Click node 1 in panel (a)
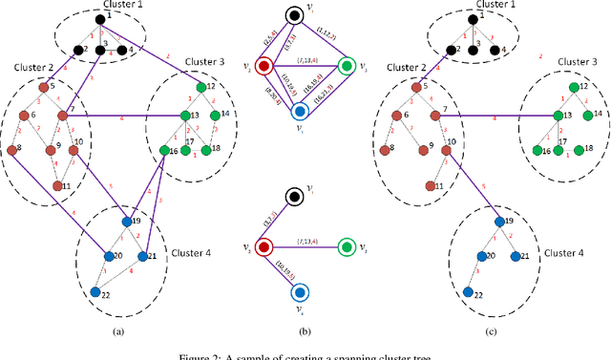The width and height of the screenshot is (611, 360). coord(100,17)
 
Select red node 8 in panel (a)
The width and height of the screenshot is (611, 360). coord(12,149)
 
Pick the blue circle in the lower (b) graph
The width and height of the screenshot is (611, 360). coord(300,292)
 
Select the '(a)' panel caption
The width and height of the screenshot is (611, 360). coord(117,330)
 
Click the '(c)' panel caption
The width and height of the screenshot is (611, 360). coord(491,330)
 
